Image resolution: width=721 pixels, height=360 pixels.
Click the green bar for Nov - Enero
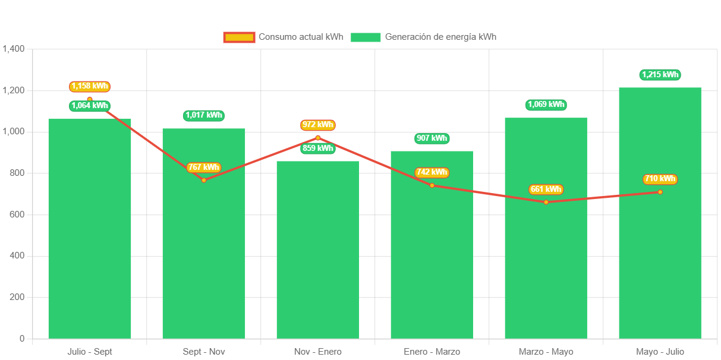(x=317, y=250)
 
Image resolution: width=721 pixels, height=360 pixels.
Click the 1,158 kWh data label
(x=90, y=86)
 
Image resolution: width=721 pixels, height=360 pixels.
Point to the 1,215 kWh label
(x=660, y=75)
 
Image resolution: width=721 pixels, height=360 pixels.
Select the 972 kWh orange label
(x=317, y=125)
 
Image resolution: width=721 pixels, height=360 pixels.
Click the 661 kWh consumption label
(x=546, y=190)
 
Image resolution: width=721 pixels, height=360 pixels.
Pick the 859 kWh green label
(x=317, y=148)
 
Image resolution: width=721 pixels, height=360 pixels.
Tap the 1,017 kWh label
(x=203, y=115)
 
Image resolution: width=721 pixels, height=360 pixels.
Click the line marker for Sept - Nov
(x=203, y=180)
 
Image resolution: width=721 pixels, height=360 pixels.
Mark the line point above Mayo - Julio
(x=660, y=192)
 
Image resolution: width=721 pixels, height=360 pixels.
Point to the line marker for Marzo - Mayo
(x=546, y=202)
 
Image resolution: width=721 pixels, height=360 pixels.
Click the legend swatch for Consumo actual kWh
(x=239, y=37)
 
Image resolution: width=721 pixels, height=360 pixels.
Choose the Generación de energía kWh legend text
(x=440, y=37)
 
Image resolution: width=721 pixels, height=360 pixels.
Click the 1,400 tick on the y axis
(x=13, y=49)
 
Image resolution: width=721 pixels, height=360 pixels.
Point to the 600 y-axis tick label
(x=16, y=214)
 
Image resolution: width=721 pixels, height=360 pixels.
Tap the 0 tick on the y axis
(x=22, y=339)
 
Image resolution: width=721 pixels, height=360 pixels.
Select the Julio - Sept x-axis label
(x=90, y=352)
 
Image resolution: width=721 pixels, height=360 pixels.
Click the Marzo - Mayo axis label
(x=546, y=352)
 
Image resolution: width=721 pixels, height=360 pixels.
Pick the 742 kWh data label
(x=432, y=172)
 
